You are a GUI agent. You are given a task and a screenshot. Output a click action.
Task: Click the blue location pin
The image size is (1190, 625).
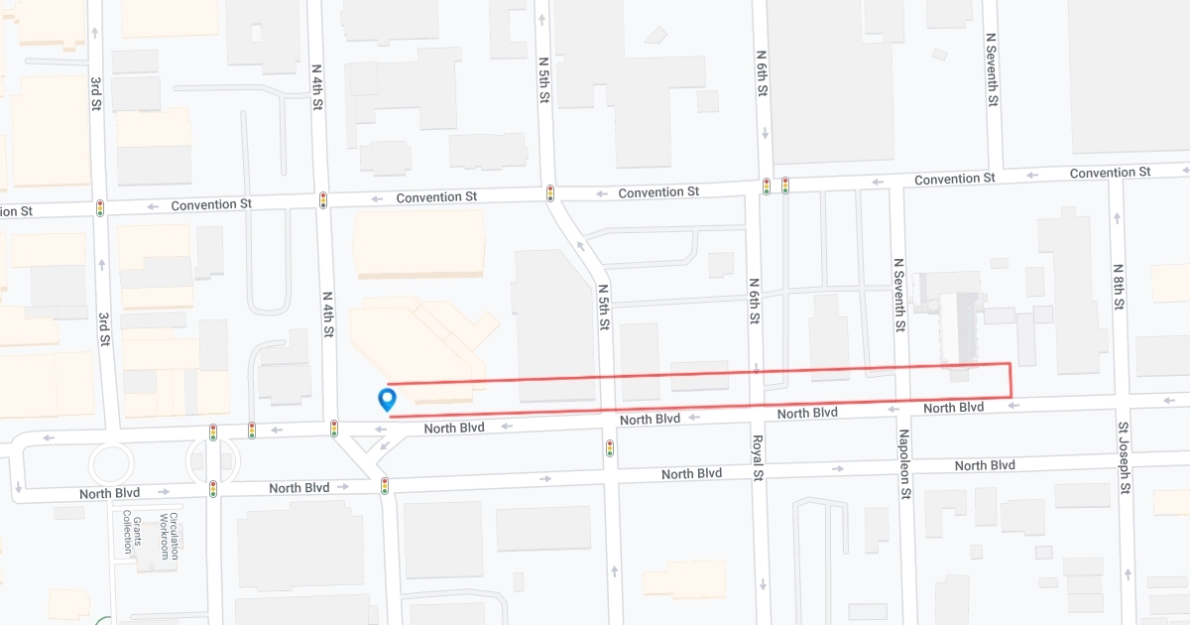[x=388, y=399]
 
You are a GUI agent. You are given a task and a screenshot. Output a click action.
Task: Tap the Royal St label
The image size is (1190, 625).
[x=756, y=455]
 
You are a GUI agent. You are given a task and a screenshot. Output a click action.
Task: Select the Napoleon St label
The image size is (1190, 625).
[x=903, y=464]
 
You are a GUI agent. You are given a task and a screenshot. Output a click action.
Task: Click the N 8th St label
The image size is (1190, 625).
[x=1118, y=287]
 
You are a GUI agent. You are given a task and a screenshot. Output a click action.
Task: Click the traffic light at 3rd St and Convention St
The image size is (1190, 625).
[x=100, y=208]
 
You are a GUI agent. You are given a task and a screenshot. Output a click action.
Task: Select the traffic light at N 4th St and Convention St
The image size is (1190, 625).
[x=323, y=200]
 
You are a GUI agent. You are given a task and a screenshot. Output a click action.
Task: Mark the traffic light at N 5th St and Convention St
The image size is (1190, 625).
[x=550, y=193]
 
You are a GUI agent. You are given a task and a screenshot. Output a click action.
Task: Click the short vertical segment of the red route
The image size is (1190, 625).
[x=1010, y=381]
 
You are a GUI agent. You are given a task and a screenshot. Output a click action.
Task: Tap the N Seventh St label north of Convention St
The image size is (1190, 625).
[x=991, y=68]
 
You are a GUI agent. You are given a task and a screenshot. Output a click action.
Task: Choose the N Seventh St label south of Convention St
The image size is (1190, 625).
[x=898, y=295]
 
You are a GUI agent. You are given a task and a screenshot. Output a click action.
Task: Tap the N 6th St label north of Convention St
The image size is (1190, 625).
[x=762, y=73]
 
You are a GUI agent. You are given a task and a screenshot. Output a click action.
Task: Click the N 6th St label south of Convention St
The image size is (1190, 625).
[x=755, y=302]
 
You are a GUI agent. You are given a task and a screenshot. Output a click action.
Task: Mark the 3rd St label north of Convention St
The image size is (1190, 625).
[x=94, y=92]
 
